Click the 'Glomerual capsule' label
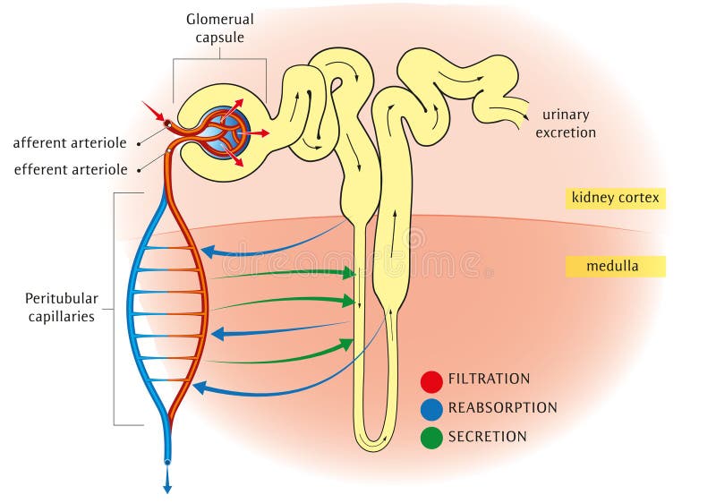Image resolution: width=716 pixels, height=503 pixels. coord(219,28)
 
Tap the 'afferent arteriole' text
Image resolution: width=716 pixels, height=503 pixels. coord(71,142)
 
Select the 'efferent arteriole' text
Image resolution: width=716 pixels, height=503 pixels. coord(71,169)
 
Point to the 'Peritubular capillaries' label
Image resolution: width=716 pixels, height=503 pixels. coord(61,307)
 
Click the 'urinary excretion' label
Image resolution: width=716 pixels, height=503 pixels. coord(569,124)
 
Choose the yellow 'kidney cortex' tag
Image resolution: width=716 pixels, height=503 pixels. coord(615,198)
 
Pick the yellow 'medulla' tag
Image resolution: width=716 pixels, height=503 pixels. coord(615,266)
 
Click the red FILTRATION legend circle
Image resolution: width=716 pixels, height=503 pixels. coord(431,381)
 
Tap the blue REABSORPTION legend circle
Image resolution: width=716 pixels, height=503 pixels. coord(431,409)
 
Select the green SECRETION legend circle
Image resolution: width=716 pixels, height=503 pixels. coord(431,438)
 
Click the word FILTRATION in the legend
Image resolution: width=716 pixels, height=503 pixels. coord(489,379)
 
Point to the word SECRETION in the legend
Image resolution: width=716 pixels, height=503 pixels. coord(487,437)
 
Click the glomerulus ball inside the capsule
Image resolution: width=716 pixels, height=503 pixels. coord(223,131)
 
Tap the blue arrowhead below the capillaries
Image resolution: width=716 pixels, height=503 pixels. coord(167,488)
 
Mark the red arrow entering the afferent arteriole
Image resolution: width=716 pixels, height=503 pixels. coord(153,112)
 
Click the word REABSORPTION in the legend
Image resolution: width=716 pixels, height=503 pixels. coord(502,407)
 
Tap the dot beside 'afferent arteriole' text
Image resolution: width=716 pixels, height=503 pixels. coord(138,142)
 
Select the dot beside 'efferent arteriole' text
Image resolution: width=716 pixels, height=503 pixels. coord(138,169)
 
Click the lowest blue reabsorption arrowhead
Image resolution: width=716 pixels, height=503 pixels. coord(199,388)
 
